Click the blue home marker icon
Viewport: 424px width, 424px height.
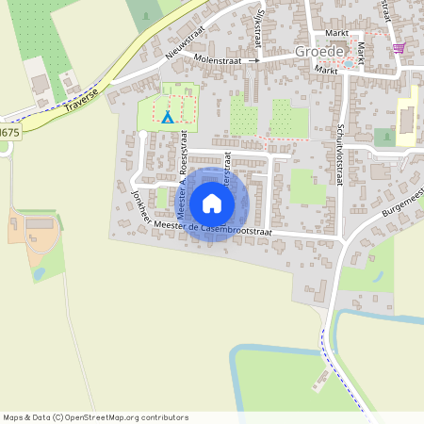(212, 203)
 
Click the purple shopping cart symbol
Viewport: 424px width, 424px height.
(399, 47)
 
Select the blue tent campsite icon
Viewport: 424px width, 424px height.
(167, 118)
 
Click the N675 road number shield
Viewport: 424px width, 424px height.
(8, 133)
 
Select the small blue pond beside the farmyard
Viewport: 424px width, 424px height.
(38, 274)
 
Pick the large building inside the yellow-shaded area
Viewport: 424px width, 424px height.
(405, 119)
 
